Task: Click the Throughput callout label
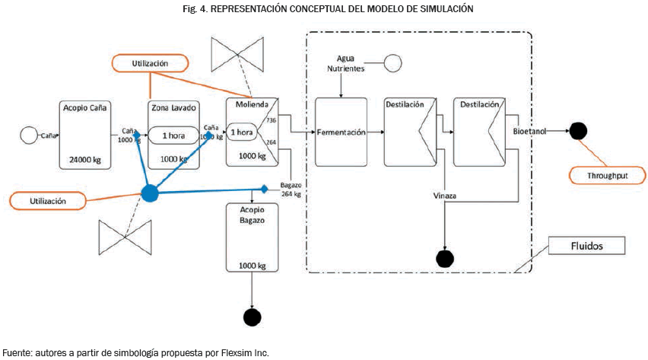[x=607, y=176]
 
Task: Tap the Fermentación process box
[x=340, y=132]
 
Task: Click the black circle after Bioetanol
[x=578, y=131]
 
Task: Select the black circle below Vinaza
[x=445, y=258]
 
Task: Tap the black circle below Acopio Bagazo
[x=250, y=316]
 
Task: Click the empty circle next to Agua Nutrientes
[x=393, y=63]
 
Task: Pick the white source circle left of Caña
[x=29, y=135]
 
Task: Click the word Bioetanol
[x=529, y=131]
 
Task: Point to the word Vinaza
[x=445, y=196]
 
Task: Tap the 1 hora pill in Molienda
[x=243, y=132]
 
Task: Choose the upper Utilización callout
[x=150, y=63]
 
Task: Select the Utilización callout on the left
[x=48, y=201]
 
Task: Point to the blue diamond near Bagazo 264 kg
[x=264, y=188]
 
